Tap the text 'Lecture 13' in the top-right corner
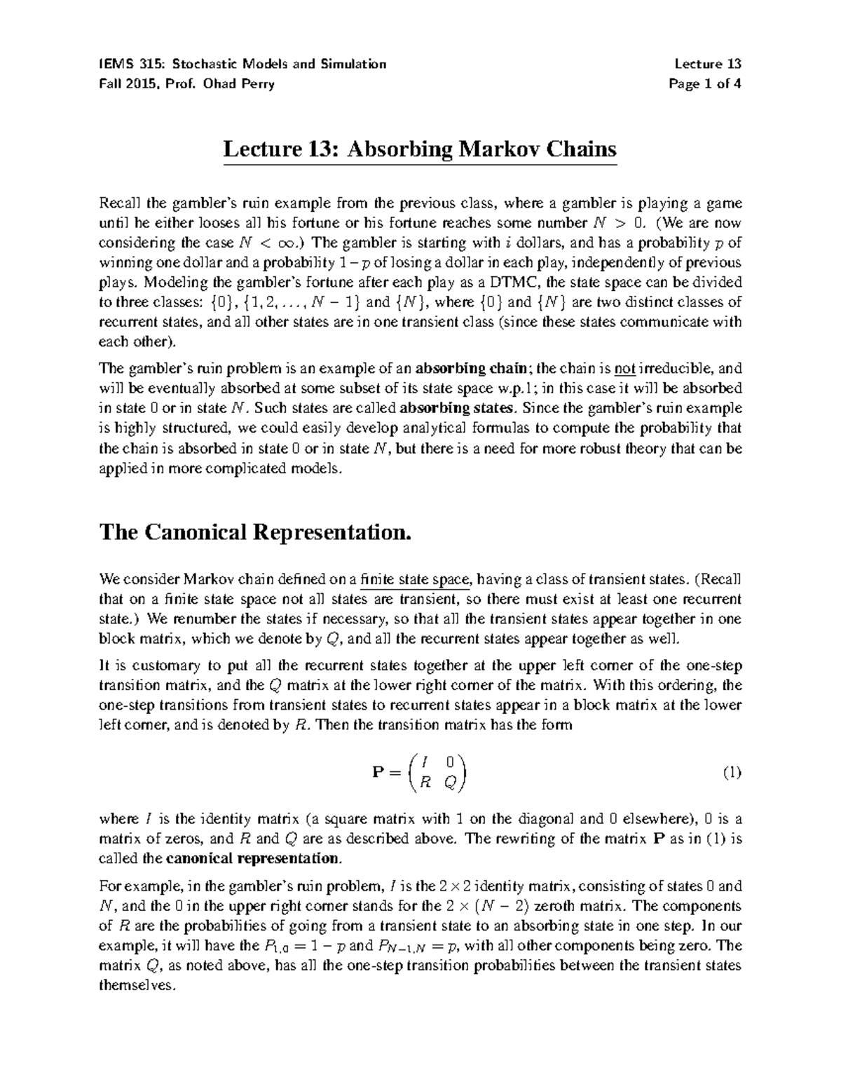pyautogui.click(x=707, y=65)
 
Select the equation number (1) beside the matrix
pyautogui.click(x=731, y=773)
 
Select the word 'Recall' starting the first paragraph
pyautogui.click(x=118, y=204)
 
